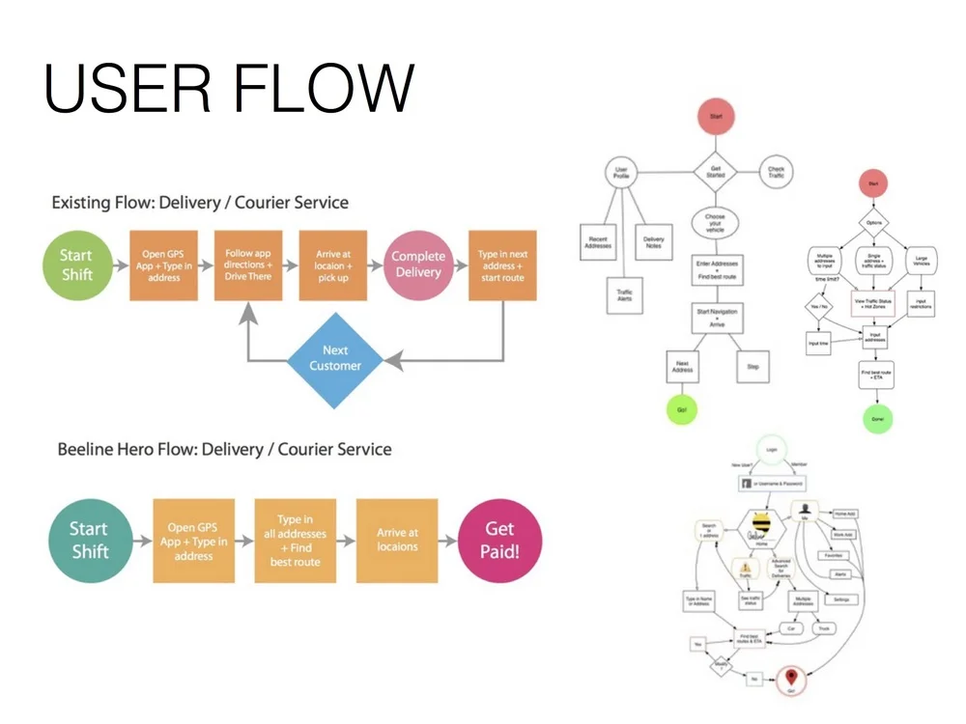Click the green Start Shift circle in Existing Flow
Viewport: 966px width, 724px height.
point(75,265)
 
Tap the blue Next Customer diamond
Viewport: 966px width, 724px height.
point(335,358)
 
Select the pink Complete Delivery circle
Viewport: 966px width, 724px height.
point(418,265)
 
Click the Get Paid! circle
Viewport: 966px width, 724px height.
point(499,541)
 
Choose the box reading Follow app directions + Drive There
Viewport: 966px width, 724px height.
point(250,265)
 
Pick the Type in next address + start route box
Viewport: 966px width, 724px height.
point(501,265)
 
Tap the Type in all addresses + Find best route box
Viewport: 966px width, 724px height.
point(295,541)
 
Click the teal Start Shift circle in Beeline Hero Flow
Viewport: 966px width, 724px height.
point(89,541)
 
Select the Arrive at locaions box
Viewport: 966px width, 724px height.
point(397,541)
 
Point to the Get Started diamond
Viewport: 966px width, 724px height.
point(716,171)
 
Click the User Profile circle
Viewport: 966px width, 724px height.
point(622,175)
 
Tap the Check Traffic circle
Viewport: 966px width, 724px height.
point(776,171)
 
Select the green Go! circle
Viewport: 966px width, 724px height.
point(680,409)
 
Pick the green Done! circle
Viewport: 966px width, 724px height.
point(875,419)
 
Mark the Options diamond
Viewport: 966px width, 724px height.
point(874,223)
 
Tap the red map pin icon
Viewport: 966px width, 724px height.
point(793,678)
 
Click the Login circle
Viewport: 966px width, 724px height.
point(770,449)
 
